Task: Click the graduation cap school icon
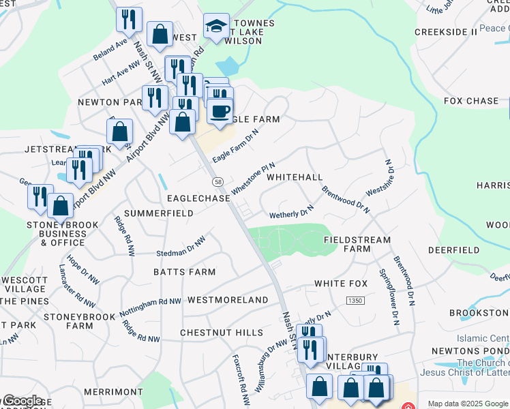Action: [216, 27]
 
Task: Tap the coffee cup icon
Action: [220, 111]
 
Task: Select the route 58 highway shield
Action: [217, 182]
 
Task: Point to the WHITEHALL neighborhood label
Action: [295, 177]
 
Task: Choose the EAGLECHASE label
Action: [198, 198]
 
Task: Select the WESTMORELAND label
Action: [228, 300]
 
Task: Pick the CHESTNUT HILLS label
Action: [221, 333]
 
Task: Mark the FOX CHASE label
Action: [471, 101]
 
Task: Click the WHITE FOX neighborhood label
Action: [341, 284]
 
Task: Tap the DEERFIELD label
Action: [453, 250]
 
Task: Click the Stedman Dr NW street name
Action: [181, 247]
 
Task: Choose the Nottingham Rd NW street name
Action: [150, 305]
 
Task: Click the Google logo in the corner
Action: [22, 401]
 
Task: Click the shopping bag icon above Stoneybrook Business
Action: [61, 206]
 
